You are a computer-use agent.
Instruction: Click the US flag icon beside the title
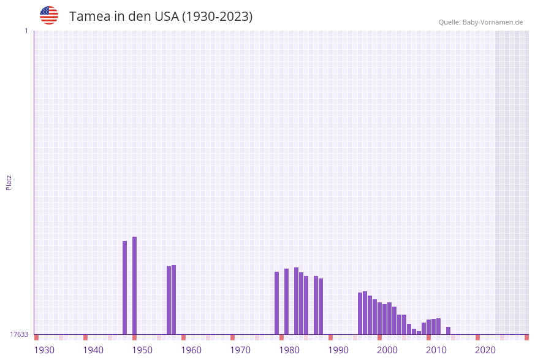[49, 15]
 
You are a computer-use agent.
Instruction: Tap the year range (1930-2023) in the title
[218, 17]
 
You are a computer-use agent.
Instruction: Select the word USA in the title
[166, 17]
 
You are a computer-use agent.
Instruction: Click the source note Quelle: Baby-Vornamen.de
[480, 22]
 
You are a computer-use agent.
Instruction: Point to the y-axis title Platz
[9, 182]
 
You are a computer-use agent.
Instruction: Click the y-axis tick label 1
[26, 31]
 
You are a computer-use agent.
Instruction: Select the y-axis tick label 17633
[19, 334]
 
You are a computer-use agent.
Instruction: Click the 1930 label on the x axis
[44, 350]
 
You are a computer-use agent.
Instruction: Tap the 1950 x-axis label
[142, 350]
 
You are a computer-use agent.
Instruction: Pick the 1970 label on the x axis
[240, 350]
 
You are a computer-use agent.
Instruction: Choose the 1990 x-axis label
[338, 350]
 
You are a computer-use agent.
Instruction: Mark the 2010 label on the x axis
[436, 350]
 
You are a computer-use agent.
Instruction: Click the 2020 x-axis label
[485, 350]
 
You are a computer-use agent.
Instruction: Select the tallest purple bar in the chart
[135, 285]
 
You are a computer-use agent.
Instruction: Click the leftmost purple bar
[125, 287]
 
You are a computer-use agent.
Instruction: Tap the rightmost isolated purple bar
[449, 331]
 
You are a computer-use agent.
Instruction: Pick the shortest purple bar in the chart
[419, 332]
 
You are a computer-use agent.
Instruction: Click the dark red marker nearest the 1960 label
[183, 337]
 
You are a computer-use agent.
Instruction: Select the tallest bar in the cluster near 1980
[297, 301]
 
